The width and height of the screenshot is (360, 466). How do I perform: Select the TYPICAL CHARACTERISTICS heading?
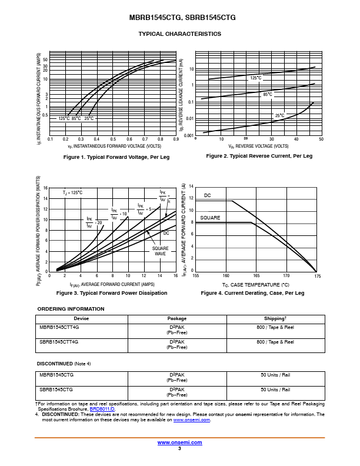pos(180,34)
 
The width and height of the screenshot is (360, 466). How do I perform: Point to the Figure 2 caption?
pos(259,156)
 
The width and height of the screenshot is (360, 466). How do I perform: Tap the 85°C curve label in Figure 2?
pos(268,94)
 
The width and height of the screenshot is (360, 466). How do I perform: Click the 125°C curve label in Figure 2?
pos(256,78)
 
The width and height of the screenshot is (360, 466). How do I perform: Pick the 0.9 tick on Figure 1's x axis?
pos(176,139)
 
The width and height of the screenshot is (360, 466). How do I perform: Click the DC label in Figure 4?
pos(208,195)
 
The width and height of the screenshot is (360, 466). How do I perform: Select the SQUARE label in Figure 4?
pos(210,218)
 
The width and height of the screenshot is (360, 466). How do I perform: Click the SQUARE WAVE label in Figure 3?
pos(160,251)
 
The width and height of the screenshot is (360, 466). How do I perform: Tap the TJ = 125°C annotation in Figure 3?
pos(73,192)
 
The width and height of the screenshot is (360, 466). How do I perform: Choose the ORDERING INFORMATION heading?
pos(71,309)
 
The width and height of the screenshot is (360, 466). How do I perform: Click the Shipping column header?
pos(275,318)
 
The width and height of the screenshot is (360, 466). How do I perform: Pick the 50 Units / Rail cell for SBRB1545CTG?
pos(275,390)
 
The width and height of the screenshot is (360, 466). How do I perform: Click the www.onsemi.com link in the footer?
pos(180,442)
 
